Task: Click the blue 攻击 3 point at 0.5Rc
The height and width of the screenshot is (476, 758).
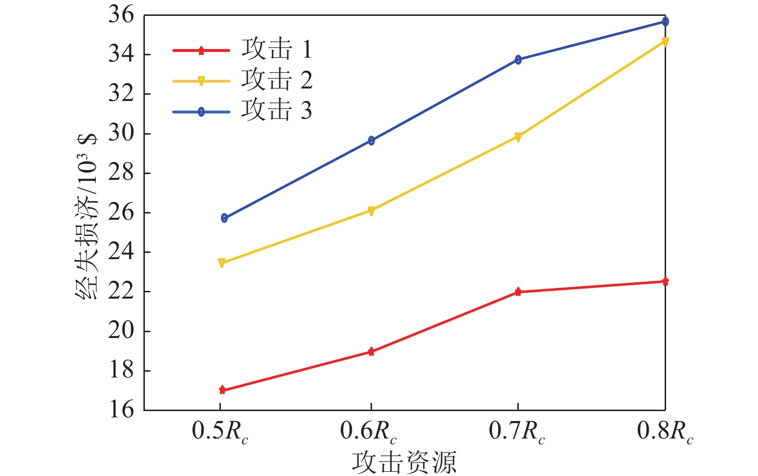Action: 224,218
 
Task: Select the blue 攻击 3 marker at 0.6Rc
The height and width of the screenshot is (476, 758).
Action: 371,140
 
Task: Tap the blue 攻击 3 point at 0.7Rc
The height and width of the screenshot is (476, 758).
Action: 518,60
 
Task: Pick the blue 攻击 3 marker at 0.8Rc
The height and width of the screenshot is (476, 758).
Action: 665,22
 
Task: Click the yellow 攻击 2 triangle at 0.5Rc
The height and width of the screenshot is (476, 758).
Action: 222,263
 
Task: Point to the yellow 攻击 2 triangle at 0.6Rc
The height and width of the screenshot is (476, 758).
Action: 371,211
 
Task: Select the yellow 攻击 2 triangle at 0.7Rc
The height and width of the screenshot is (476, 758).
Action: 518,137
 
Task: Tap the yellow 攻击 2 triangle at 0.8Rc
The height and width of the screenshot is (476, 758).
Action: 665,42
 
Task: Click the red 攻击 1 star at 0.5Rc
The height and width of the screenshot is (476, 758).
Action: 222,389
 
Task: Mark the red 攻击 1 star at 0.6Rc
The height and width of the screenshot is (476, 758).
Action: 371,351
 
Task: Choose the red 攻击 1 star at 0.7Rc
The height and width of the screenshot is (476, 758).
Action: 518,291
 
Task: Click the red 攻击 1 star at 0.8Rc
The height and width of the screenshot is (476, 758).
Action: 665,281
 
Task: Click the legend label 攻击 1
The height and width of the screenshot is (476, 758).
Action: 277,49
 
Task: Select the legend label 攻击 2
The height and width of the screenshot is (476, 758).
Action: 277,80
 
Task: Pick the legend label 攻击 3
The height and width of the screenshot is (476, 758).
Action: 277,111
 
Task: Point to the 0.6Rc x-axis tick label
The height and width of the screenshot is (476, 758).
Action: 369,431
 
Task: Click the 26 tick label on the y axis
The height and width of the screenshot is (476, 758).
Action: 121,212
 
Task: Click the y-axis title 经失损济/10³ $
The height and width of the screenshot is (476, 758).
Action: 87,216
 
